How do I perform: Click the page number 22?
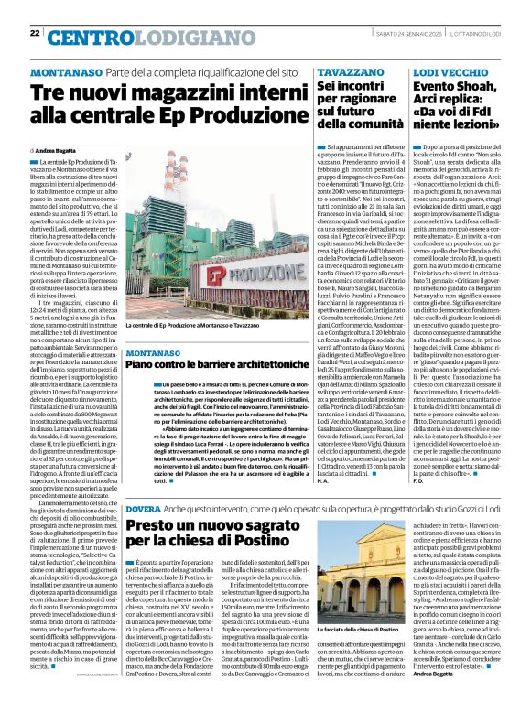tap(35, 33)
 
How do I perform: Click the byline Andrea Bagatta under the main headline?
tap(57, 149)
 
